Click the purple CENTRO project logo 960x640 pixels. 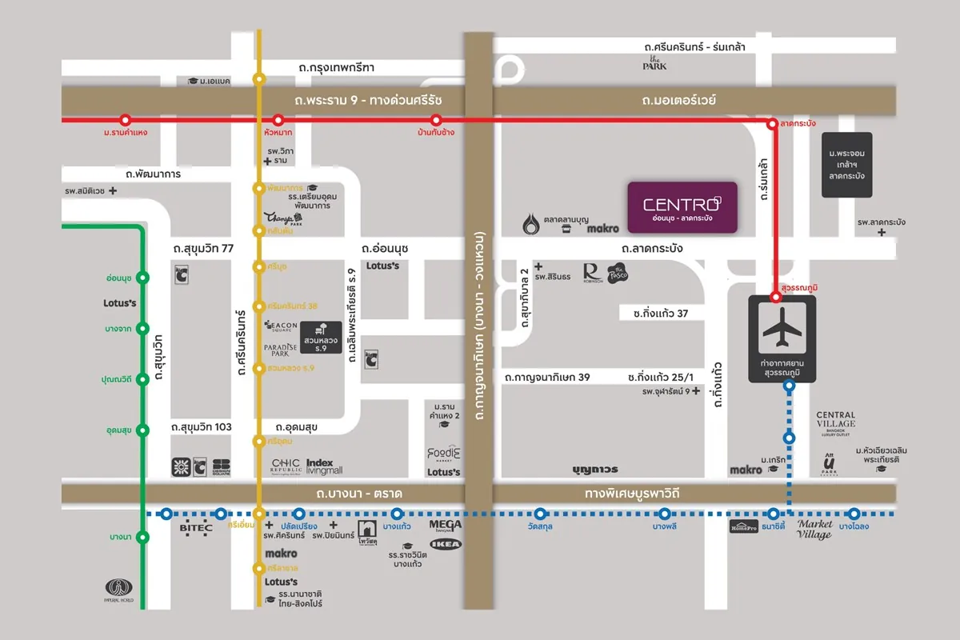click(682, 207)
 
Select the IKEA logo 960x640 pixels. click(446, 543)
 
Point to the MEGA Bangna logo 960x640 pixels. click(446, 526)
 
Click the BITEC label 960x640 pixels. click(195, 529)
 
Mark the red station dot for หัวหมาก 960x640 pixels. click(278, 121)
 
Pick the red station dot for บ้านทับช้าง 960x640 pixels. click(436, 121)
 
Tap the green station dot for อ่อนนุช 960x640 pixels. click(143, 278)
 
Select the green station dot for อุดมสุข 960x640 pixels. click(143, 430)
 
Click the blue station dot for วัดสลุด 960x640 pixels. click(541, 514)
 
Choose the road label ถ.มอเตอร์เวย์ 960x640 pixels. click(678, 101)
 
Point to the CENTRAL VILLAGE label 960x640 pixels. click(836, 420)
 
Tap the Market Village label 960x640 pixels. click(814, 530)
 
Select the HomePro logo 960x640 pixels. click(743, 526)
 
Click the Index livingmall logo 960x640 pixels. click(324, 466)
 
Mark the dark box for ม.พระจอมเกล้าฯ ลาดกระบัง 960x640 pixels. click(847, 165)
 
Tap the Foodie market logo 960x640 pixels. click(444, 454)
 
